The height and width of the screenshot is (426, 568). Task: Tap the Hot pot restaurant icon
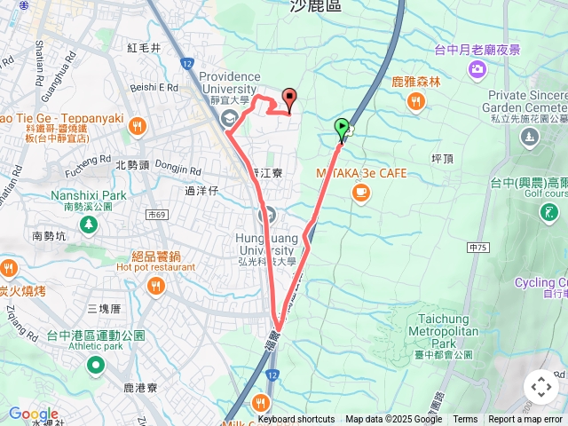pos(156,286)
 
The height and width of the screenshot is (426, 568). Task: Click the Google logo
pos(33,414)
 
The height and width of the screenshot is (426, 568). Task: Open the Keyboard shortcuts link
pos(296,420)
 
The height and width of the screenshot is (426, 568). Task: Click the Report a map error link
pos(525,420)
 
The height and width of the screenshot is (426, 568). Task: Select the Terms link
pos(465,420)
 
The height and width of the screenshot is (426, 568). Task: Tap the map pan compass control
pos(540,387)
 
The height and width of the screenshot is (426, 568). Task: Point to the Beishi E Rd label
pos(154,87)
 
